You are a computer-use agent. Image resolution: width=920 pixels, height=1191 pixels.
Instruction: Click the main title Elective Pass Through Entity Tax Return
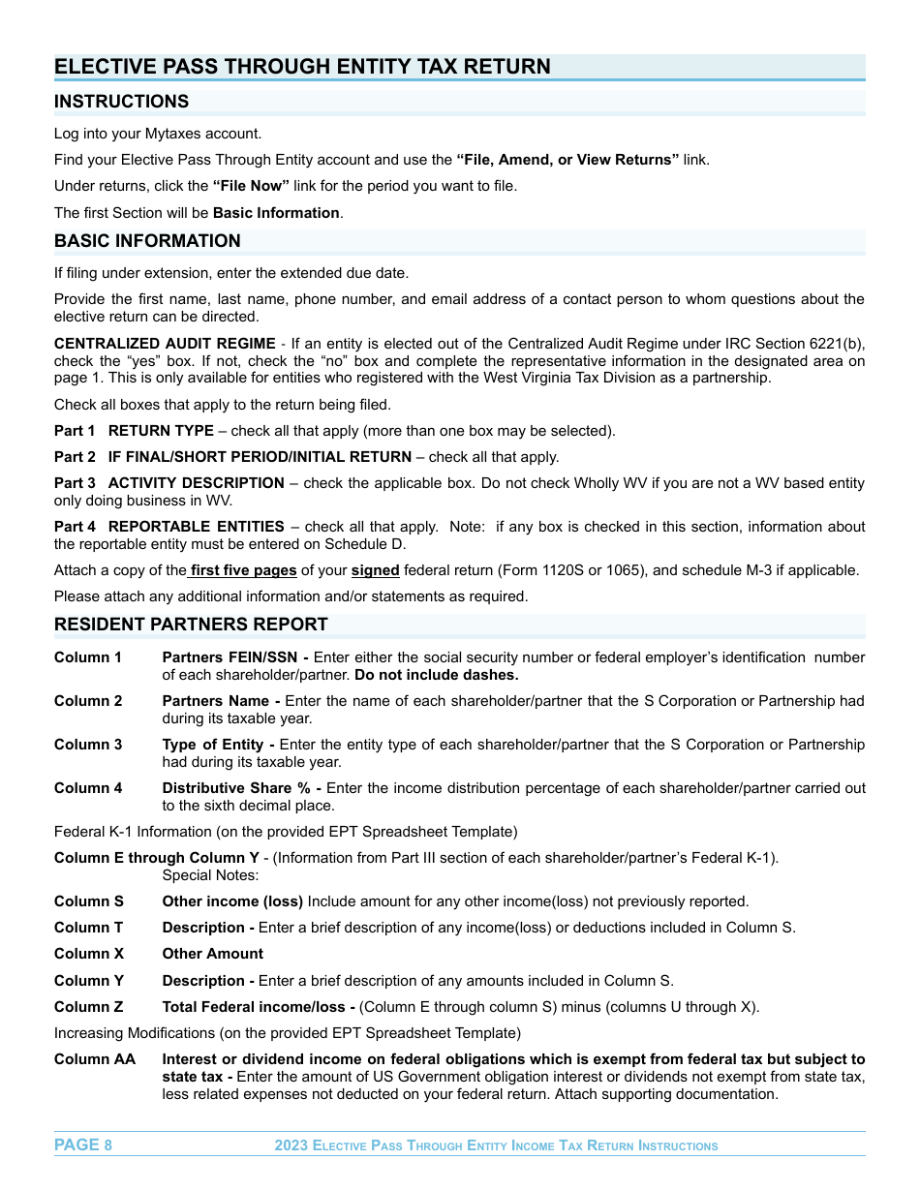(302, 66)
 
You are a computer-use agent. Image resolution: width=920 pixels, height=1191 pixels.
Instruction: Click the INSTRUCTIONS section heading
(121, 102)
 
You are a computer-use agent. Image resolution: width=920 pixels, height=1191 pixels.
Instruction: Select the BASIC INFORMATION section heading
(147, 241)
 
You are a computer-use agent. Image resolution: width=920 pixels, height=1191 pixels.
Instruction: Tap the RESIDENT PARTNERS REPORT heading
(191, 625)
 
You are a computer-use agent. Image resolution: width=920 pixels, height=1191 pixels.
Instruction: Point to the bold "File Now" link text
(251, 186)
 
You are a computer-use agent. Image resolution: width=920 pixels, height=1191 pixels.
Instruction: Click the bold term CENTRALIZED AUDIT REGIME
(165, 344)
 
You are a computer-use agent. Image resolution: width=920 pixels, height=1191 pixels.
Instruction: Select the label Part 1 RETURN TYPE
(134, 431)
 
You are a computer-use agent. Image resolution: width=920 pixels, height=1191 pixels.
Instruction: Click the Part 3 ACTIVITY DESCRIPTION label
(169, 483)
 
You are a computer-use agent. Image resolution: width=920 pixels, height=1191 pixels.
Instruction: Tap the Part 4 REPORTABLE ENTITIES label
(169, 527)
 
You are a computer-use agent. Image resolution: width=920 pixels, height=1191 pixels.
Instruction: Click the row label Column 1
(88, 657)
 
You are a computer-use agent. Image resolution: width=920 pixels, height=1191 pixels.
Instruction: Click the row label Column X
(88, 954)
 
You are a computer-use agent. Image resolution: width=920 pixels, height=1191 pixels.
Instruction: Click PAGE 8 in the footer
(83, 1145)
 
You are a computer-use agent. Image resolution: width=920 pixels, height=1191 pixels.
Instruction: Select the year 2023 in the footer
(291, 1145)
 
